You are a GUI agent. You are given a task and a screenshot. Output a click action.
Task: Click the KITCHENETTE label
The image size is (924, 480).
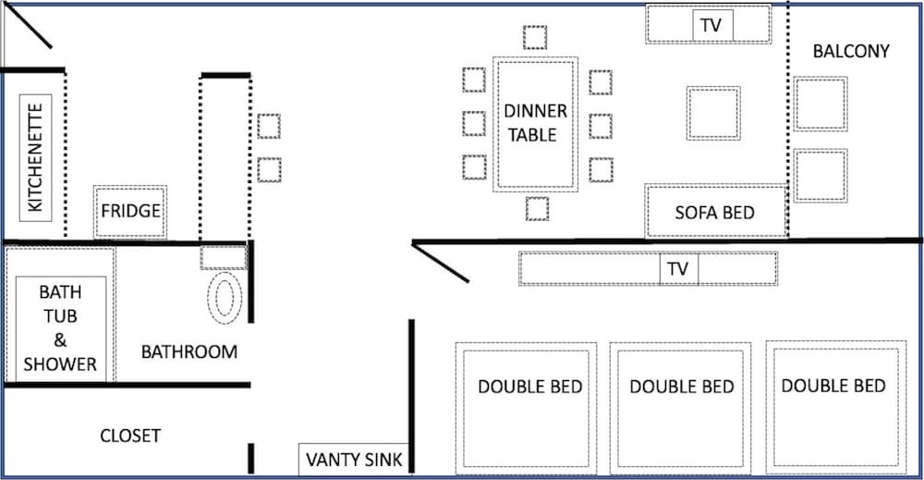click(x=35, y=157)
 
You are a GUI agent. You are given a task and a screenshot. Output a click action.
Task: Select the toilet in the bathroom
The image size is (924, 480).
click(x=225, y=298)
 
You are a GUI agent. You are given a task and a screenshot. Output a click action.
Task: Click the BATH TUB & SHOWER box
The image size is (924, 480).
click(x=61, y=328)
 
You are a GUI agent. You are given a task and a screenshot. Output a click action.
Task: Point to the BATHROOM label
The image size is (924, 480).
click(x=189, y=352)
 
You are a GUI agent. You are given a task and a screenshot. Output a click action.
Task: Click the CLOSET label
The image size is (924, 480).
click(x=130, y=436)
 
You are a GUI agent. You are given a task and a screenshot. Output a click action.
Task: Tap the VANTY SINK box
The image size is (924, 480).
click(x=354, y=459)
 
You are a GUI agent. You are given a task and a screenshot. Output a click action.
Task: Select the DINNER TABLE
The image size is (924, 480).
click(x=535, y=125)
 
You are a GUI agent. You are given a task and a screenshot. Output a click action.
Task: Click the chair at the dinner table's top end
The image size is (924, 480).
click(x=534, y=37)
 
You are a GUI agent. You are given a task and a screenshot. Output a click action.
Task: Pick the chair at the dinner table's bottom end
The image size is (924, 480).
click(x=537, y=209)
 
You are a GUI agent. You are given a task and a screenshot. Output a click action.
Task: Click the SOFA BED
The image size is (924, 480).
click(x=715, y=211)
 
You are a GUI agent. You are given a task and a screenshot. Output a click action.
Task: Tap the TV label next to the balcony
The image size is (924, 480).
click(x=711, y=25)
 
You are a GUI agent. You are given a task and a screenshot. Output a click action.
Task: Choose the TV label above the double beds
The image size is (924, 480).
click(x=677, y=269)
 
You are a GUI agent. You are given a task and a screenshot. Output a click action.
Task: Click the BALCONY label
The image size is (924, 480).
click(x=851, y=51)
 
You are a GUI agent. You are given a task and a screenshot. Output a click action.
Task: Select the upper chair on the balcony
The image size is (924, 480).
click(x=821, y=104)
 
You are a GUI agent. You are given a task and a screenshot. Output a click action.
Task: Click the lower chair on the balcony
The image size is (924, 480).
click(x=821, y=176)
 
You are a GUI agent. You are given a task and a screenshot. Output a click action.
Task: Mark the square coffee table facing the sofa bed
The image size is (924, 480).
click(x=713, y=113)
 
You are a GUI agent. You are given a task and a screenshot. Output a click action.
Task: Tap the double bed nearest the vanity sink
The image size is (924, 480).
click(x=527, y=408)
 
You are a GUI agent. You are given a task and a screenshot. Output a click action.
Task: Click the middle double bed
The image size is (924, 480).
click(x=681, y=408)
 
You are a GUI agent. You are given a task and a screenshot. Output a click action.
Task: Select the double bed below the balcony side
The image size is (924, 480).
click(x=836, y=407)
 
